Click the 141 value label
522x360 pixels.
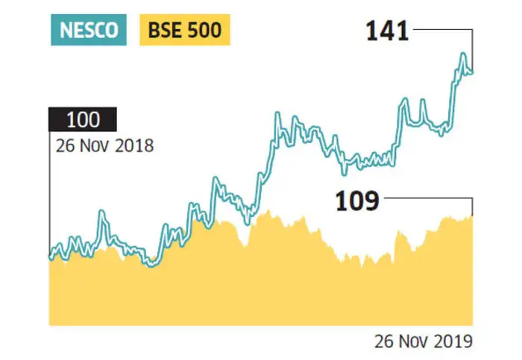[x=387, y=31]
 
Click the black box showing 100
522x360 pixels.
[x=82, y=120]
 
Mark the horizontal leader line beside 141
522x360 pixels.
[x=443, y=30]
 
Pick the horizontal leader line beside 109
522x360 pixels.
[x=429, y=198]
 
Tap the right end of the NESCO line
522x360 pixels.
[x=472, y=72]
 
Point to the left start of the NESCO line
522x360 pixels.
[x=51, y=257]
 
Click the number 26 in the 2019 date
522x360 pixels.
[x=383, y=341]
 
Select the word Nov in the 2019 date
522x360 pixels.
[x=412, y=341]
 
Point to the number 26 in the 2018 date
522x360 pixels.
[x=64, y=145]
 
